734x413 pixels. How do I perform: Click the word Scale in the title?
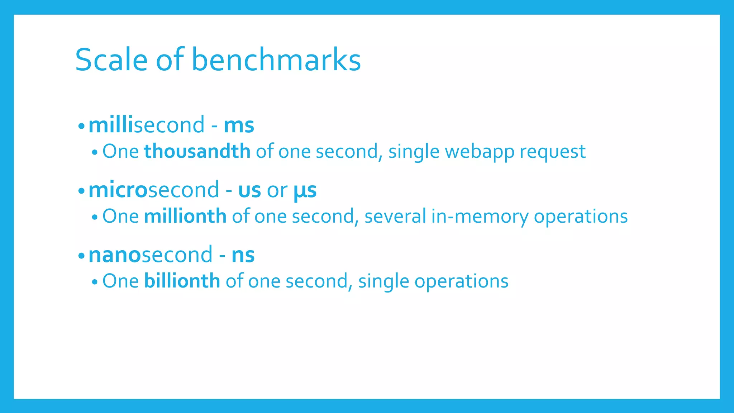click(x=111, y=60)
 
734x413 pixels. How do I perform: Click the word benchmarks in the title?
click(x=276, y=60)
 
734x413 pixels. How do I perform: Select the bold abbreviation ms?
click(x=239, y=125)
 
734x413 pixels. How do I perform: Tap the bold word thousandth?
click(x=197, y=151)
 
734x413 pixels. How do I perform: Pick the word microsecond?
click(x=154, y=190)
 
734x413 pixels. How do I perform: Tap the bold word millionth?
click(x=185, y=217)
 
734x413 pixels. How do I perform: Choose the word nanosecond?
click(x=151, y=255)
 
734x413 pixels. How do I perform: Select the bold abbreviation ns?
click(x=243, y=256)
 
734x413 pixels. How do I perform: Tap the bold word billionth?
click(x=182, y=281)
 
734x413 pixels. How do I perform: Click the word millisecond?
click(x=147, y=125)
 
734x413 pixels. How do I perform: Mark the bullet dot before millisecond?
click(x=81, y=126)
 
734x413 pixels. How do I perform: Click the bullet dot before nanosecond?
click(x=81, y=256)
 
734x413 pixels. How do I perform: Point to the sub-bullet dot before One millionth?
click(x=95, y=217)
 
